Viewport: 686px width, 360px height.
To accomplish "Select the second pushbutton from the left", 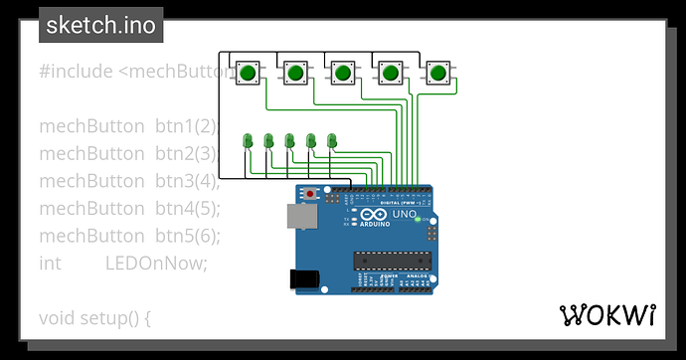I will click(x=295, y=73).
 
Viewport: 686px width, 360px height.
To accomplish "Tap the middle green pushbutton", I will click(x=343, y=73).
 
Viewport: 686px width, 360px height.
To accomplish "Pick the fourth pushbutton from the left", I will click(x=391, y=73).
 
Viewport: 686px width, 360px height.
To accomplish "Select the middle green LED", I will click(x=290, y=141).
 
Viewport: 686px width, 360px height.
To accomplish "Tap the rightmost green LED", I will click(x=332, y=141).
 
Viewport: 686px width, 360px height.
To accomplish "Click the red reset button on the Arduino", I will click(x=312, y=193).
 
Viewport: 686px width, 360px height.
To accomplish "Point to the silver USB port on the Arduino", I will click(x=296, y=216).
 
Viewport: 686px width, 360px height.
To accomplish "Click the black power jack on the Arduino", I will click(x=301, y=279).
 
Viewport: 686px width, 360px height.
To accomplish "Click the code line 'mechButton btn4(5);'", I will click(x=129, y=208).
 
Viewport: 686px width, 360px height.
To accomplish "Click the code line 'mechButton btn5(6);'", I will click(x=129, y=236).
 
